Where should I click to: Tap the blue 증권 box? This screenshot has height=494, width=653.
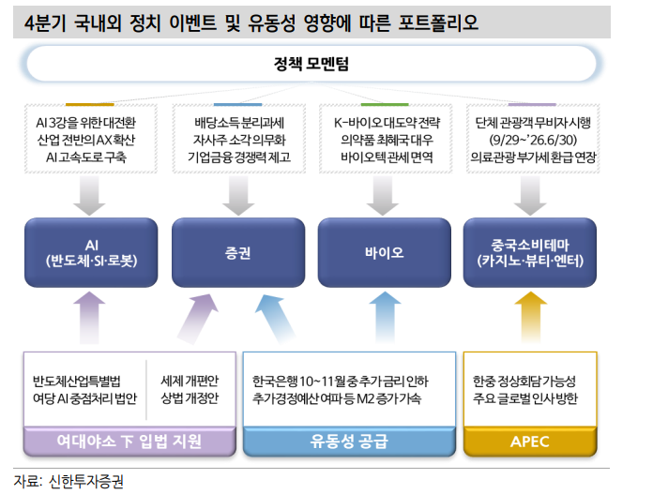point(236,252)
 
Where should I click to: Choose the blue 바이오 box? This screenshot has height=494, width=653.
point(384,252)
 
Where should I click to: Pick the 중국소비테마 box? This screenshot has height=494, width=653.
point(529,252)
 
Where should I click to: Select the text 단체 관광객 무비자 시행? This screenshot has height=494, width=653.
point(532,121)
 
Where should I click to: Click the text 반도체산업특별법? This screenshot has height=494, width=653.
point(77,382)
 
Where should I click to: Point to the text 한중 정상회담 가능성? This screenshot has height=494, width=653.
point(524,382)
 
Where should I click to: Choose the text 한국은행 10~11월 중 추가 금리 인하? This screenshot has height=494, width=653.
point(340,382)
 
